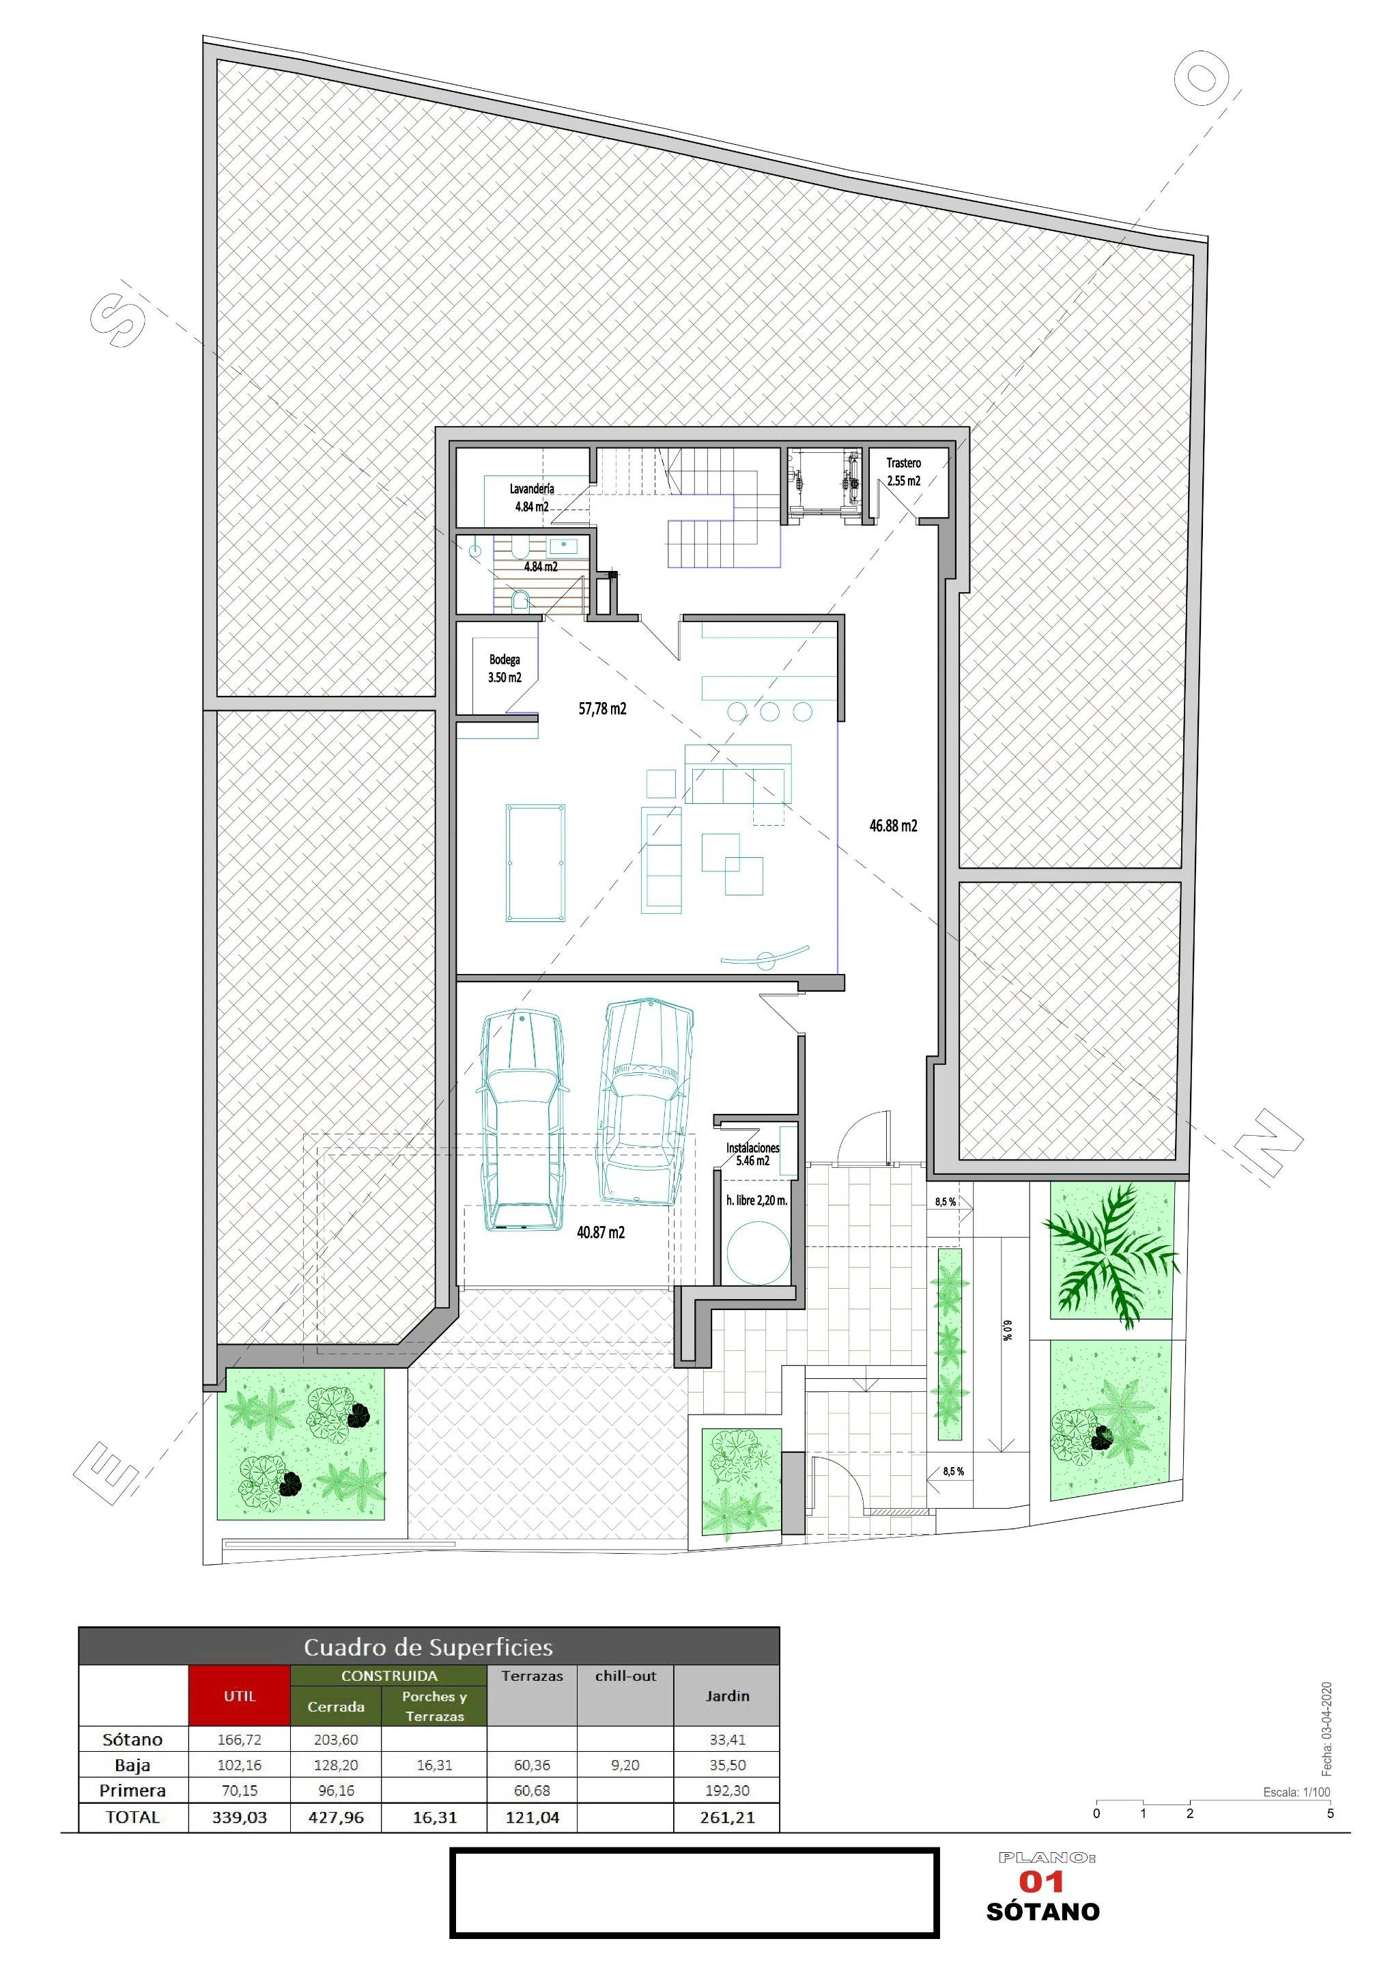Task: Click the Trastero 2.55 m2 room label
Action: [903, 472]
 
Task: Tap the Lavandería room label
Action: [532, 488]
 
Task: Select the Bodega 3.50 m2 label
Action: [505, 668]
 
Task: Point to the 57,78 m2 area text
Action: [602, 708]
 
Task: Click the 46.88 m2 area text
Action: [893, 826]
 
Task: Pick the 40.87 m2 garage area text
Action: [600, 1232]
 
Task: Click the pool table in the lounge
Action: [535, 862]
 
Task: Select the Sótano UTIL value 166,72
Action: [240, 1739]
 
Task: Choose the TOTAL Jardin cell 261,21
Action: [727, 1817]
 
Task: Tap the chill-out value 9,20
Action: [625, 1765]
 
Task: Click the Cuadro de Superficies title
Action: [428, 1647]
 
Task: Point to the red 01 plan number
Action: [1041, 1882]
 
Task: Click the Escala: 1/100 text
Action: [1296, 1792]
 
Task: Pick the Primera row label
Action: [132, 1791]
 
